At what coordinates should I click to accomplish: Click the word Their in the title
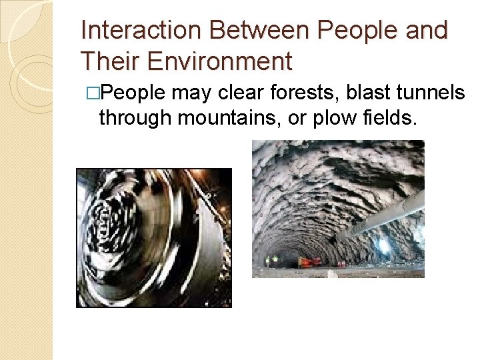pyautogui.click(x=109, y=61)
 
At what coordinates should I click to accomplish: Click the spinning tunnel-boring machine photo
pyautogui.click(x=154, y=237)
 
